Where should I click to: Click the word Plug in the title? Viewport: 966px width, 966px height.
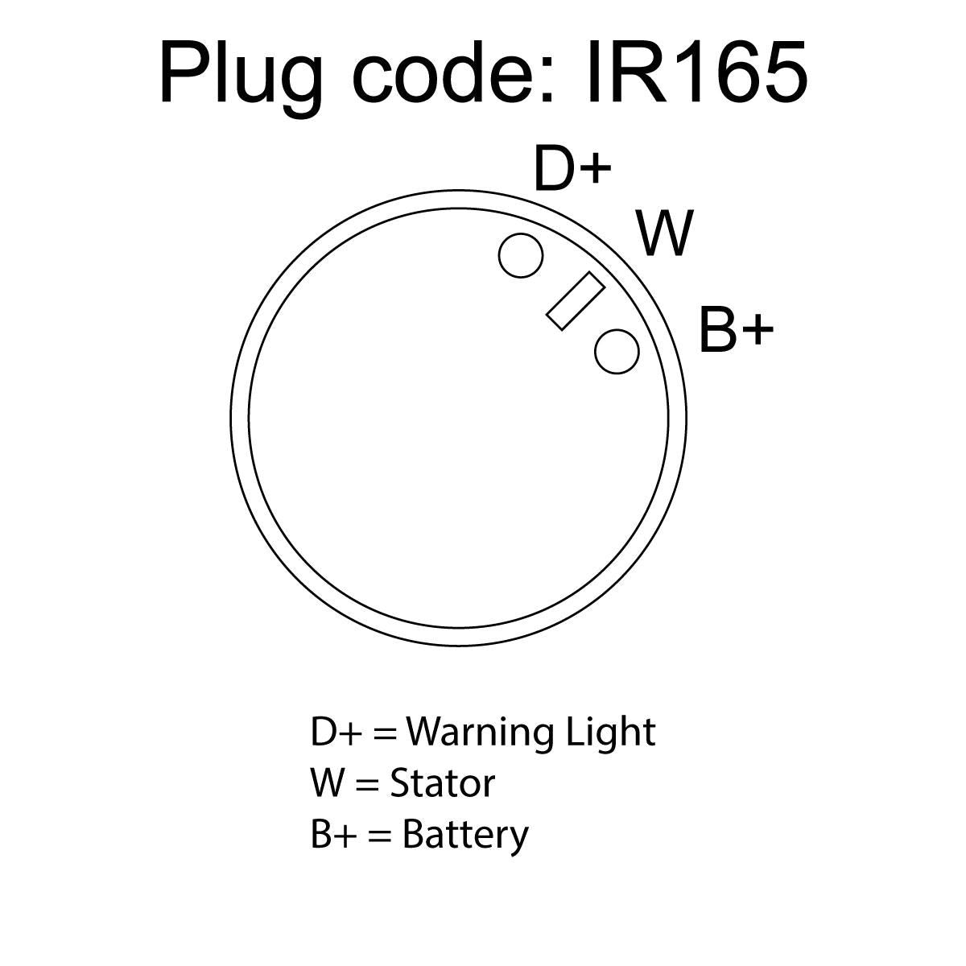241,79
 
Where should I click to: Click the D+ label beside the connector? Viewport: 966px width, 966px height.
573,168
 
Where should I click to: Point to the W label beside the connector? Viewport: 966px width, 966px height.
665,233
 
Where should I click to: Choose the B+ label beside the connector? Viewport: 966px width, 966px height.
736,329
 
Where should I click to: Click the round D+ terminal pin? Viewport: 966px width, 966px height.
521,255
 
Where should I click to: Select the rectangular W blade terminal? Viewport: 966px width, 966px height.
575,301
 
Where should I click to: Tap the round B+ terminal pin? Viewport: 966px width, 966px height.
617,352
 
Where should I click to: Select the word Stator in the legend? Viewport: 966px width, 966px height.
443,783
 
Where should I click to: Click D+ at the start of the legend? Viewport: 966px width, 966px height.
336,733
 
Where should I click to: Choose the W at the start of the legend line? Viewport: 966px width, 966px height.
329,784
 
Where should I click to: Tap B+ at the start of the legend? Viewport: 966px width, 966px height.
333,834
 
